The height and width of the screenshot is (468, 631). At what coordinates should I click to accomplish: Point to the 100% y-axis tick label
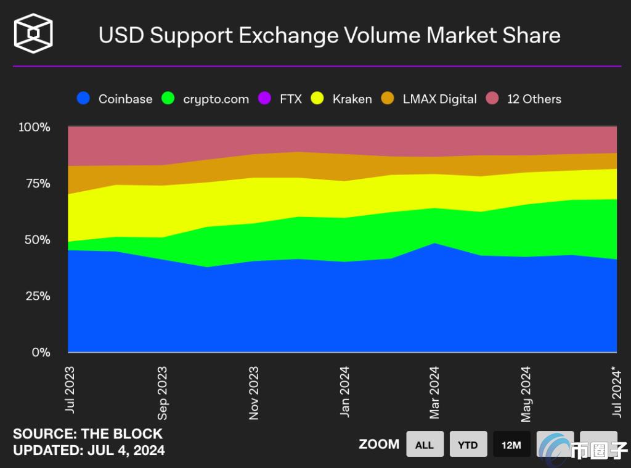click(35, 128)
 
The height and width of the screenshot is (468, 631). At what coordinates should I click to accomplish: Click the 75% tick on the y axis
click(37, 184)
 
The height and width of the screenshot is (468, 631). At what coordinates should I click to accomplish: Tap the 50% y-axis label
click(37, 240)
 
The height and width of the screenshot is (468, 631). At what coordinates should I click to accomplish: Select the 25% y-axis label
click(37, 296)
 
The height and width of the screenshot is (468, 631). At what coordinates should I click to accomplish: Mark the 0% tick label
click(40, 353)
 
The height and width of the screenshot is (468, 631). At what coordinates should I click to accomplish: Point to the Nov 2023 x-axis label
click(253, 393)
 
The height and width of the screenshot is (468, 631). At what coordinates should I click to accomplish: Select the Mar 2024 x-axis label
click(435, 392)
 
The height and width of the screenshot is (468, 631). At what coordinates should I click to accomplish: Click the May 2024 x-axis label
click(526, 393)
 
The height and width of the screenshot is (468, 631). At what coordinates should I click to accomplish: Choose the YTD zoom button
click(468, 445)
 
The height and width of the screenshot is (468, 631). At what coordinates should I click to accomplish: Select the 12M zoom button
click(511, 445)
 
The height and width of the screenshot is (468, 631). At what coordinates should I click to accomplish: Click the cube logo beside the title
click(34, 33)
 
